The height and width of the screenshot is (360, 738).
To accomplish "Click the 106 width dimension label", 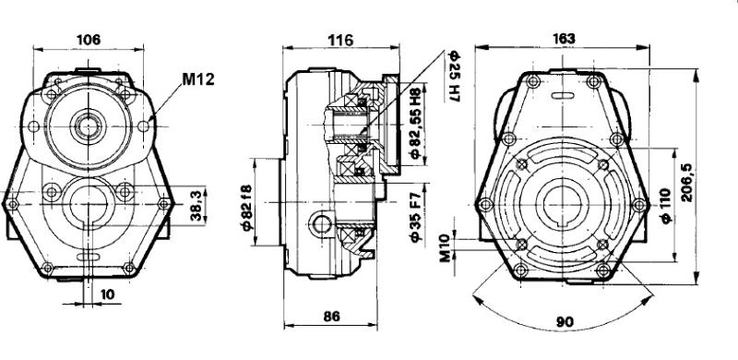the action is (89, 39).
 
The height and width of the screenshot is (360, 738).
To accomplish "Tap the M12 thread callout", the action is (198, 79).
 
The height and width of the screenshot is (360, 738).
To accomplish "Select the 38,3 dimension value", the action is (198, 206).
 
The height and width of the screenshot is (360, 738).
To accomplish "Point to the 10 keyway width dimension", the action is (107, 294).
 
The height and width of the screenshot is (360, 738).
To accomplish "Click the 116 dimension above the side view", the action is (340, 40).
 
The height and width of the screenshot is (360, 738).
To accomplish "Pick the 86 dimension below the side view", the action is (331, 317).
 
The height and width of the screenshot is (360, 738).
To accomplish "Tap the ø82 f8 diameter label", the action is (246, 207).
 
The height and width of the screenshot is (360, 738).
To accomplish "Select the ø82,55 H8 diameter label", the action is (414, 124).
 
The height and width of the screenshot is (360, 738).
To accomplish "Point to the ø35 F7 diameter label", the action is (414, 217).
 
